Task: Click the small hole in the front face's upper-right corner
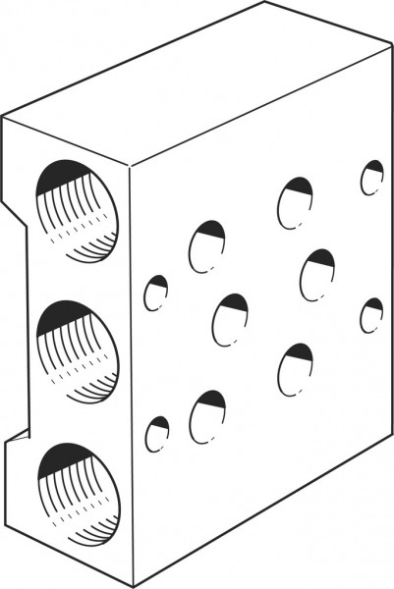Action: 371,178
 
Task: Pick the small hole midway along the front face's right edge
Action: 370,315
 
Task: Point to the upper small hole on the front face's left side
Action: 156,293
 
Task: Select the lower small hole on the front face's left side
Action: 157,434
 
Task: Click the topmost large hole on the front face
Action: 294,202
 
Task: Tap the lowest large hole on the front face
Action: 207,416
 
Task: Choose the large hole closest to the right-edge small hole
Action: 317,274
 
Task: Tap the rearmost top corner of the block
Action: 265,3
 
